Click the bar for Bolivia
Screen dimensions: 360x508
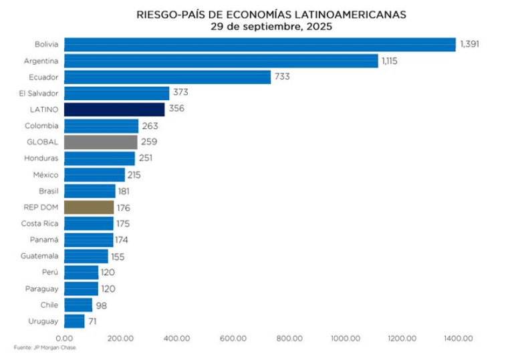pos(260,45)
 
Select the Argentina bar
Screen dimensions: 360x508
pos(221,61)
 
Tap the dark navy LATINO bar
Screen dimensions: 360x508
pos(114,110)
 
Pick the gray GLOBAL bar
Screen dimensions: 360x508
pos(101,142)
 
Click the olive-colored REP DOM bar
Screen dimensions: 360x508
pos(89,207)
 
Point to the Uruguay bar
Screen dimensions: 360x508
pos(74,321)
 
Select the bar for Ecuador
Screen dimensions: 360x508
pos(168,77)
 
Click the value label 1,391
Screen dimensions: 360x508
pos(470,45)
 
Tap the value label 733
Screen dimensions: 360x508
pos(282,77)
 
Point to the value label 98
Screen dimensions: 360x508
pos(101,305)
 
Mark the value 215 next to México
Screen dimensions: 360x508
pos(134,175)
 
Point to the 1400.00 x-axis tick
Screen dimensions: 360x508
pos(459,339)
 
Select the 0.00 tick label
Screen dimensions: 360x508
pos(65,339)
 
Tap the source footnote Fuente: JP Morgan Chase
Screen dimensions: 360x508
pos(45,347)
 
